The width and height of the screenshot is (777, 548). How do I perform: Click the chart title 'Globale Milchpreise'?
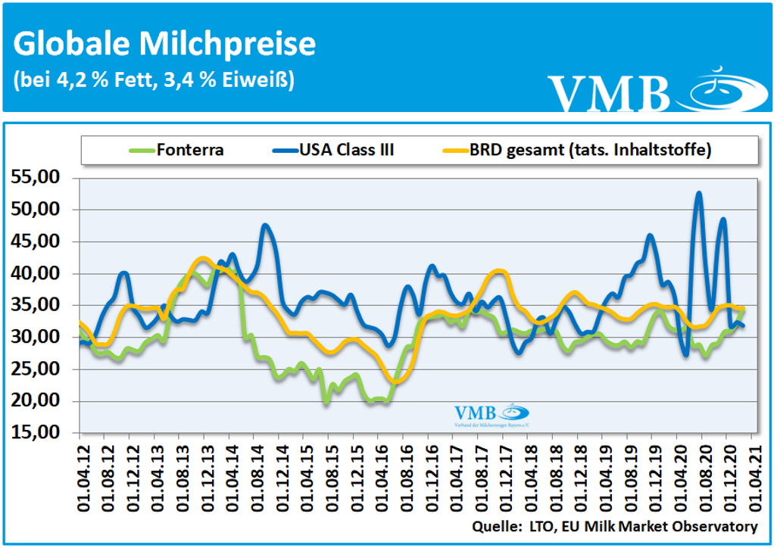(164, 44)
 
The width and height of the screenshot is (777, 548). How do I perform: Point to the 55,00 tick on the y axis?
(39, 178)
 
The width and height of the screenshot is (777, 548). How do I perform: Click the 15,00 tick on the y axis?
(39, 433)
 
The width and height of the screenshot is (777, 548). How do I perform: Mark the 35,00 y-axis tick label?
(39, 306)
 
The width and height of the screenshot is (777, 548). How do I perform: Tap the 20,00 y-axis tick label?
(39, 401)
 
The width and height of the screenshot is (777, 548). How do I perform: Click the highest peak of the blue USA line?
(698, 193)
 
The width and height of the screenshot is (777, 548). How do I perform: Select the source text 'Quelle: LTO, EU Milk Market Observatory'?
(614, 526)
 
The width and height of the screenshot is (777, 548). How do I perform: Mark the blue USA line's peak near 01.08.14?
(264, 225)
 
